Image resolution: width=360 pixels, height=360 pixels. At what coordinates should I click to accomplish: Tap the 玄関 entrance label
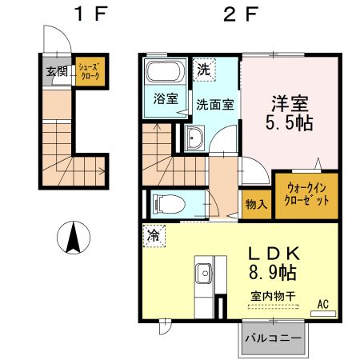pyautogui.click(x=56, y=71)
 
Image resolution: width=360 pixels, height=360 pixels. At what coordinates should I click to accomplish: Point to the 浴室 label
pyautogui.click(x=165, y=101)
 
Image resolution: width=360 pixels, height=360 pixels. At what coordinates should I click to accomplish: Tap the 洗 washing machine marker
pyautogui.click(x=204, y=69)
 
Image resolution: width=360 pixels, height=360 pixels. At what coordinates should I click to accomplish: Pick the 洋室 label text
pyautogui.click(x=289, y=103)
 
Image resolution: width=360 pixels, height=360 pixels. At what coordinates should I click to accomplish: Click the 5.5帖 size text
pyautogui.click(x=289, y=123)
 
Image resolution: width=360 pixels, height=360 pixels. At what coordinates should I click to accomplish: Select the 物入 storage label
pyautogui.click(x=255, y=205)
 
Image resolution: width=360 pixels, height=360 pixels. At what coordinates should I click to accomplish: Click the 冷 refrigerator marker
pyautogui.click(x=152, y=235)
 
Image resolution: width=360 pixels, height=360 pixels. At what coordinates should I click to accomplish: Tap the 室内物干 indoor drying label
pyautogui.click(x=270, y=296)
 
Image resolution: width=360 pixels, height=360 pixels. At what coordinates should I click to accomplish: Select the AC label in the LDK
pyautogui.click(x=322, y=303)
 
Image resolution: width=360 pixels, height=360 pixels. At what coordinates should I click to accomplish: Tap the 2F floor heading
pyautogui.click(x=231, y=14)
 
